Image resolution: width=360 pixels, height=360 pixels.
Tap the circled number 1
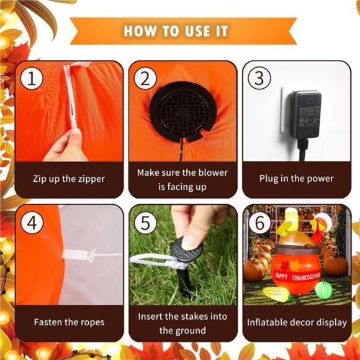tap(31, 78)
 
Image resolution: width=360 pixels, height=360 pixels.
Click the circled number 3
tap(258, 78)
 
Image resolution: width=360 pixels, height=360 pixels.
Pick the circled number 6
tap(258, 222)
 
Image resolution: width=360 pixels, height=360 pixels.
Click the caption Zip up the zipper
tap(69, 179)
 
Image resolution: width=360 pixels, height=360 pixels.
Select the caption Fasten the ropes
tap(69, 322)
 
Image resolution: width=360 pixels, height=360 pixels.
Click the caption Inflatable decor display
tap(296, 322)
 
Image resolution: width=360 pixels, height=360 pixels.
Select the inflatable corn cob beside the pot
tap(276, 293)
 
